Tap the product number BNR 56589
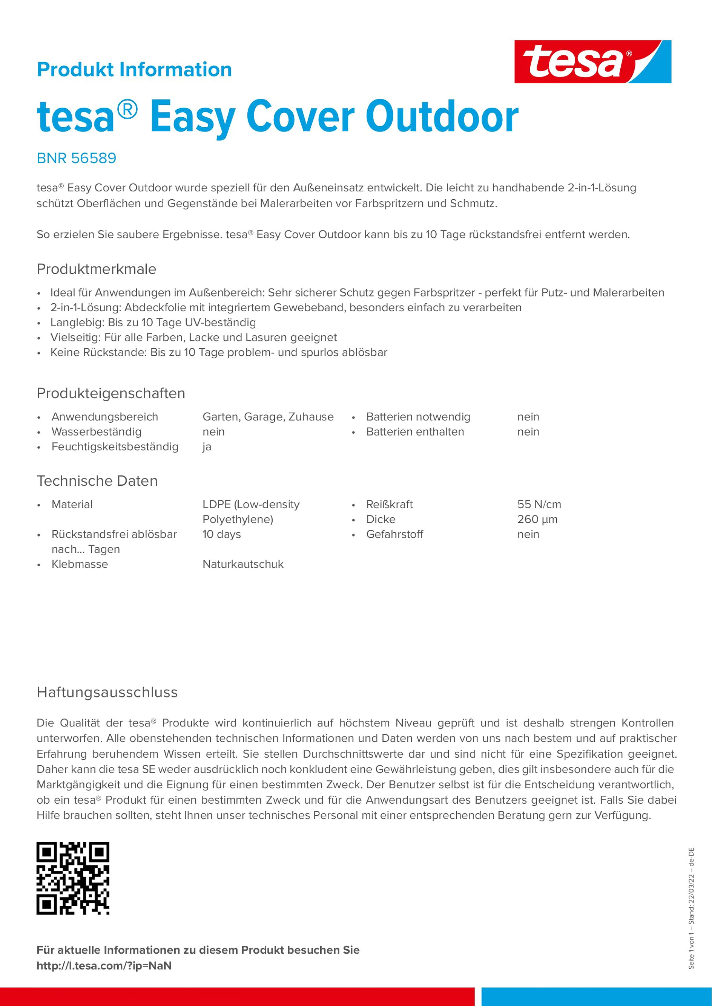click(76, 158)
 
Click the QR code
click(73, 878)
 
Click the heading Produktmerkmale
click(96, 269)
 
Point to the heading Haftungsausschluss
click(107, 692)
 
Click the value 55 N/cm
click(539, 504)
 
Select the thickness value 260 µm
click(537, 519)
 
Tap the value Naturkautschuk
click(243, 564)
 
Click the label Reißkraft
click(389, 504)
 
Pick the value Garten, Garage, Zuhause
click(268, 417)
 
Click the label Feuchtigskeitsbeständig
click(115, 446)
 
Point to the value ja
click(207, 447)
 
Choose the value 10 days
click(221, 534)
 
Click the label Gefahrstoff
click(394, 534)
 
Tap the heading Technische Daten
click(97, 481)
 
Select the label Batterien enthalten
click(415, 431)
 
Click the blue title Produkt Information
click(134, 70)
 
